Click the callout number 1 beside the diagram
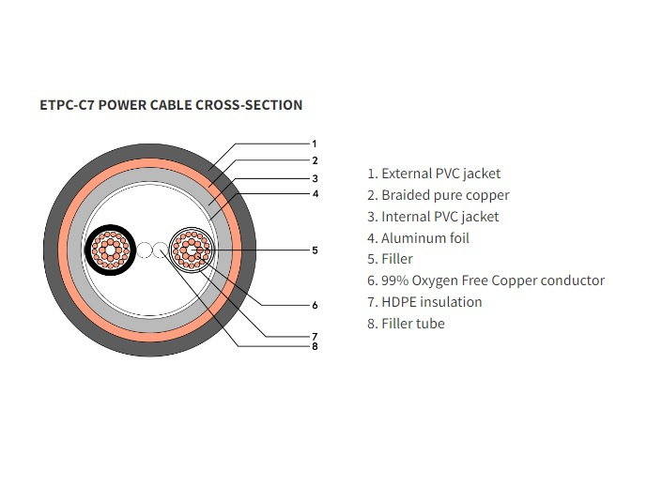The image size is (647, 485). (315, 144)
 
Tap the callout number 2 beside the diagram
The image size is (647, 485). (315, 160)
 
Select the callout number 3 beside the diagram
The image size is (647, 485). (315, 177)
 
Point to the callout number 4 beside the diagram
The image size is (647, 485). (315, 193)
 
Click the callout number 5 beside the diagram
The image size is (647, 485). (315, 250)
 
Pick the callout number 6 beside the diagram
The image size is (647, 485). (315, 305)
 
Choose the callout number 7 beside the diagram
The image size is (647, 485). (315, 335)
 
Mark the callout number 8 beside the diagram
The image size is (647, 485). (315, 346)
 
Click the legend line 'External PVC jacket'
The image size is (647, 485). (434, 174)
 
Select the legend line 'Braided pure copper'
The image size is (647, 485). (438, 195)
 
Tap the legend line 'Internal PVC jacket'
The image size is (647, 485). (433, 217)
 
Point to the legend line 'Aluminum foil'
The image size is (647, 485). (418, 238)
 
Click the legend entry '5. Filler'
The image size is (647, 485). (390, 259)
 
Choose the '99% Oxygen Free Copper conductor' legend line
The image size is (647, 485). (485, 280)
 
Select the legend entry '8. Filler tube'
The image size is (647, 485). (406, 324)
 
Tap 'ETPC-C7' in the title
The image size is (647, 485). (65, 105)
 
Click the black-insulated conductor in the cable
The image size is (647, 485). (110, 250)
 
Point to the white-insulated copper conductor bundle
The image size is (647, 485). (192, 250)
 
